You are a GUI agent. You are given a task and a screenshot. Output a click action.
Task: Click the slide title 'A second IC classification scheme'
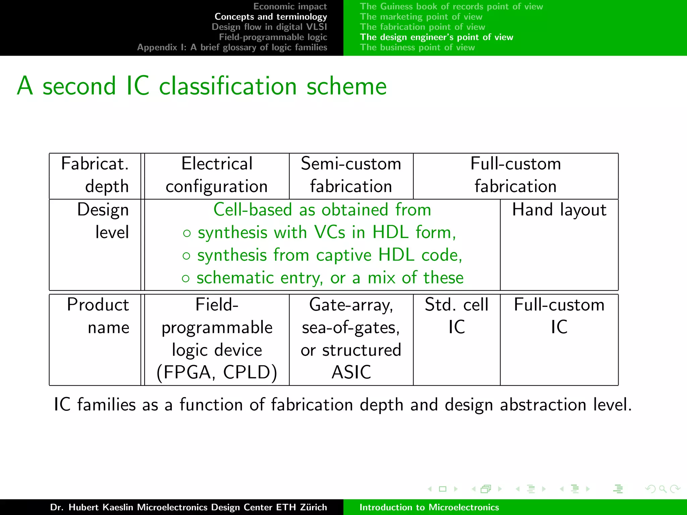[x=202, y=86]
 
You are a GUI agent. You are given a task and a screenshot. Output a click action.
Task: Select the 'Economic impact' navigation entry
[x=290, y=6]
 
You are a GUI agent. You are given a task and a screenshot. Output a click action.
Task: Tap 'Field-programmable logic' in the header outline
[x=273, y=37]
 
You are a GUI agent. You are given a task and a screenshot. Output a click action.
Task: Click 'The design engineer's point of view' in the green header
[x=436, y=37]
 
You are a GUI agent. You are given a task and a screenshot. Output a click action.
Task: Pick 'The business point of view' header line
[x=417, y=47]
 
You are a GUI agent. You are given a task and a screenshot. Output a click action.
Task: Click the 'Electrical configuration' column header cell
[x=217, y=175]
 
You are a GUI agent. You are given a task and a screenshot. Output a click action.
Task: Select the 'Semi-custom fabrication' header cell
[x=351, y=175]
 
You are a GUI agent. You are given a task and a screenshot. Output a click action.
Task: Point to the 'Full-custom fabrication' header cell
[x=515, y=175]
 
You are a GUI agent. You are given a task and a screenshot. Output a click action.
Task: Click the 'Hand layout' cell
[x=559, y=210]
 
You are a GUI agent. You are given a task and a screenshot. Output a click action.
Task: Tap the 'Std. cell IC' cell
[x=456, y=316]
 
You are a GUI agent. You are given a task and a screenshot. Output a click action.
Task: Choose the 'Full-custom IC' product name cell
[x=559, y=316]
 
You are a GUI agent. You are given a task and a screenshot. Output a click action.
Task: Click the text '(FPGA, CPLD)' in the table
[x=217, y=372]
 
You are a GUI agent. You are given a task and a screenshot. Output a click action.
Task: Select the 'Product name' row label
[x=98, y=316]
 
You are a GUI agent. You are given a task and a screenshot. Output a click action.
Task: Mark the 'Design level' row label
[x=103, y=221]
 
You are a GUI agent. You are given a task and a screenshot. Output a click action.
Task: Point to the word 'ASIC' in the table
[x=351, y=372]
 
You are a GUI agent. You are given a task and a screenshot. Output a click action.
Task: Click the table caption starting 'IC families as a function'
[x=342, y=404]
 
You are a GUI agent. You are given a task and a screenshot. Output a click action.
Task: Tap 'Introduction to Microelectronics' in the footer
[x=429, y=507]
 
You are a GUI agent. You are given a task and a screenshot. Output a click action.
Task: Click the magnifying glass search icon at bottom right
[x=662, y=489]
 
